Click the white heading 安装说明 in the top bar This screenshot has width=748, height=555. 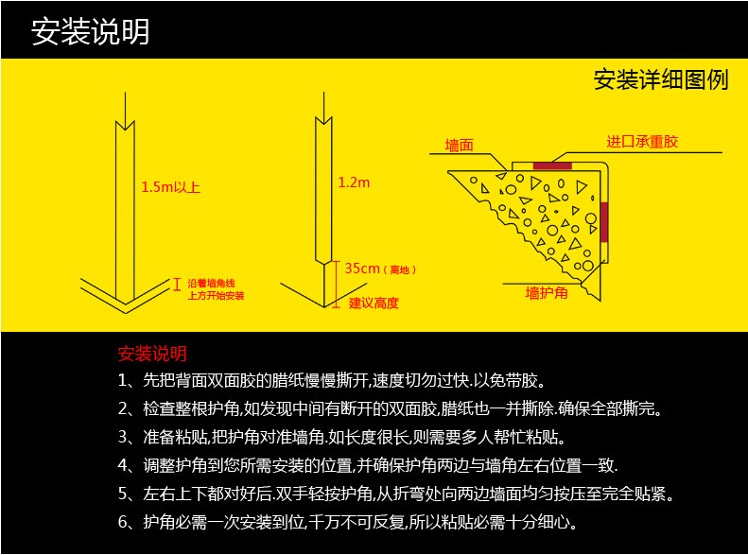click(x=91, y=31)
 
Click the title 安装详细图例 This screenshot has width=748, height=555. click(x=661, y=79)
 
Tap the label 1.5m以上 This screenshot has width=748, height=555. click(x=170, y=187)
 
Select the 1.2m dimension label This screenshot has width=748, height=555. click(x=354, y=182)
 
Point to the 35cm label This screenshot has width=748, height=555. click(x=362, y=269)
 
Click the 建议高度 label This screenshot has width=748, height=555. click(x=374, y=304)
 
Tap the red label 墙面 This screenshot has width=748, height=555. click(x=459, y=145)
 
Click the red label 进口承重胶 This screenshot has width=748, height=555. click(x=642, y=142)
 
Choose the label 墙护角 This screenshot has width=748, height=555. click(x=547, y=293)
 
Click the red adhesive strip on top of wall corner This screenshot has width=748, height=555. click(x=552, y=165)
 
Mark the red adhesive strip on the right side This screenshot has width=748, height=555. click(x=604, y=222)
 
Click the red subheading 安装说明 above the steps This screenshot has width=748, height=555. click(x=152, y=354)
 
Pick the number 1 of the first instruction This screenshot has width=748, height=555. click(x=123, y=380)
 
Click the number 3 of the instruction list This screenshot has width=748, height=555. click(x=123, y=437)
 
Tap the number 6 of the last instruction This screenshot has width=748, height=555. click(x=123, y=522)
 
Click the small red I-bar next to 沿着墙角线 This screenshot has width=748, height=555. click(x=177, y=285)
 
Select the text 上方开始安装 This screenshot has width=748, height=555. click(x=216, y=296)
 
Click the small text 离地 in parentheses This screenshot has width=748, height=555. click(x=400, y=269)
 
